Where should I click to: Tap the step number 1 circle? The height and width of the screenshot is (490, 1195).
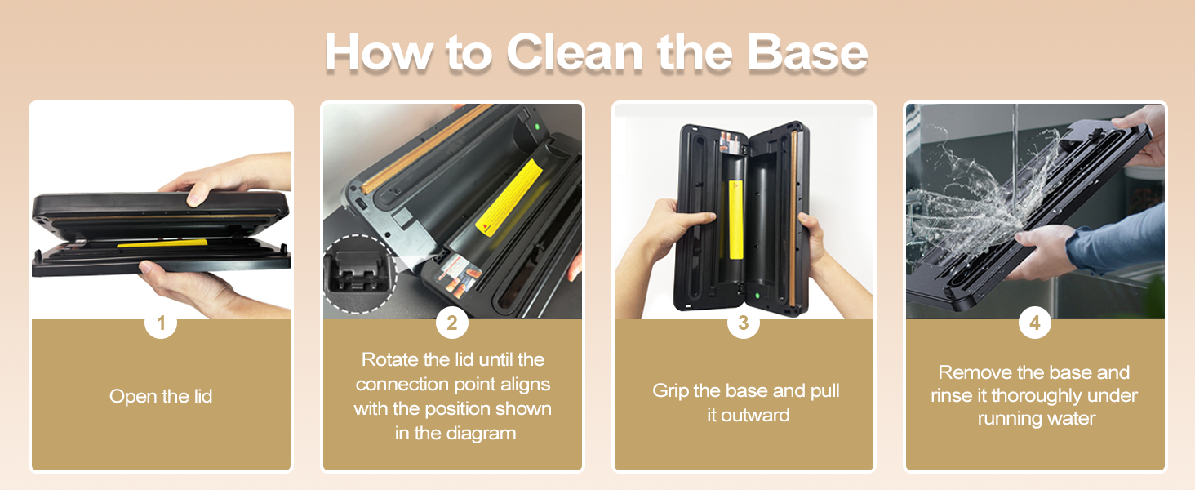[x=161, y=323]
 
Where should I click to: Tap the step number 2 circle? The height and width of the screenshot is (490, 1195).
[x=452, y=323]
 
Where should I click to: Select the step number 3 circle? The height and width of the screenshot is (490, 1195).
[x=743, y=323]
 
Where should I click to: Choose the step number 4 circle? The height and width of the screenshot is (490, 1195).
[x=1034, y=323]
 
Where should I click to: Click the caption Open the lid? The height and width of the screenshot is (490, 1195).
[x=161, y=397]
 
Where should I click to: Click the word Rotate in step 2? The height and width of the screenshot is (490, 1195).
[x=389, y=360]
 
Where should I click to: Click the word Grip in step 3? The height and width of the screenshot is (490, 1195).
[x=672, y=391]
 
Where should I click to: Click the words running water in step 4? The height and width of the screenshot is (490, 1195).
[x=1036, y=420]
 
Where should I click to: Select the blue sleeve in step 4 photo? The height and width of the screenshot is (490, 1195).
[x=1118, y=241]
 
